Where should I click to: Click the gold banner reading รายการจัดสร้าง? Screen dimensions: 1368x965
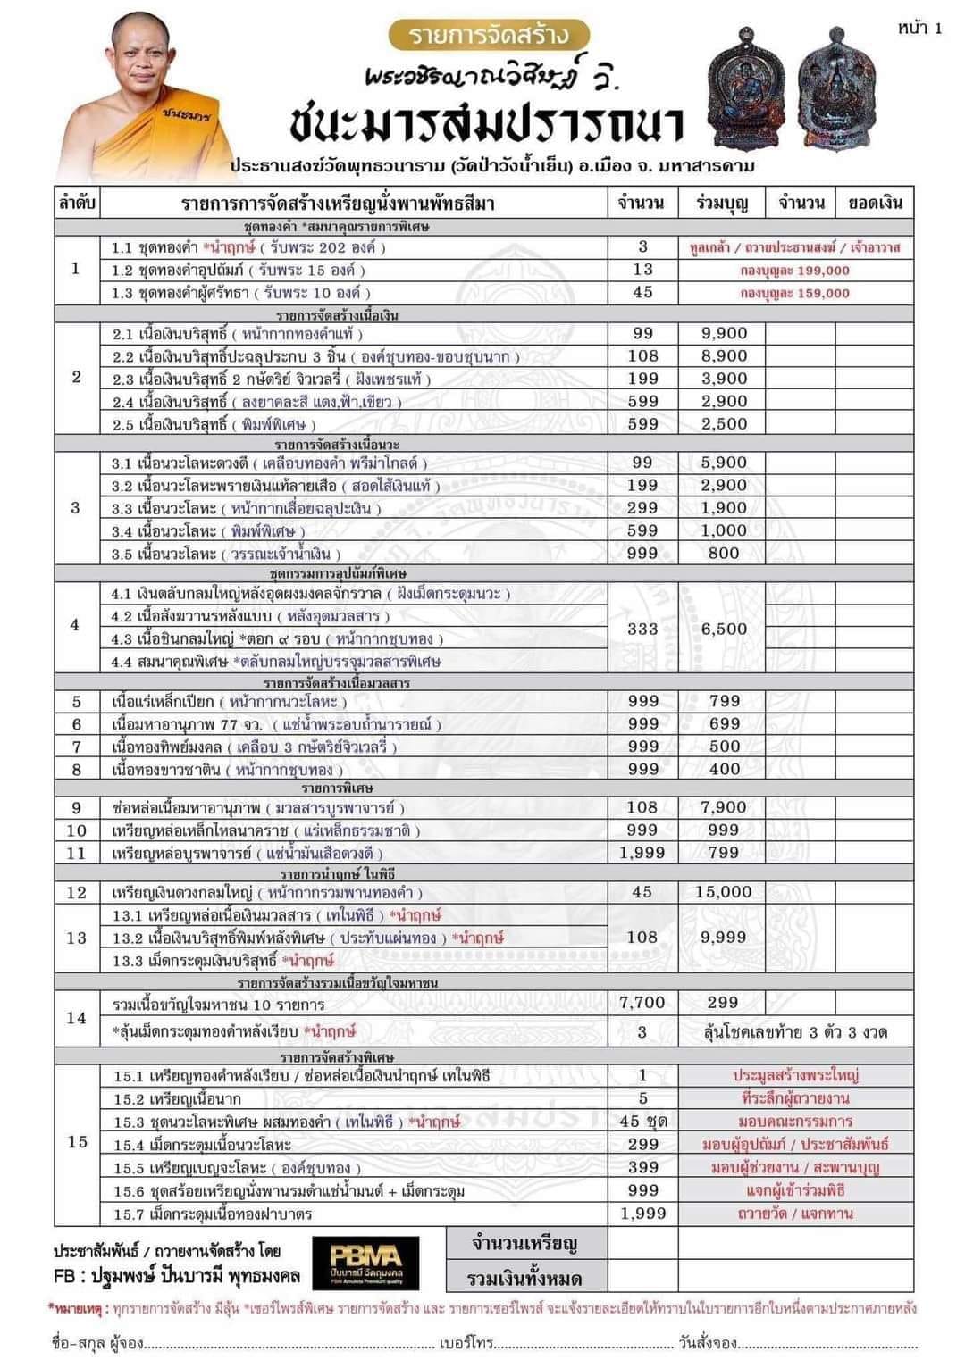coord(490,35)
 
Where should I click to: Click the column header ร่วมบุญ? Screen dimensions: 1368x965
coord(722,203)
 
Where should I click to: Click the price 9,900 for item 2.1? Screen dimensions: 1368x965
coord(724,333)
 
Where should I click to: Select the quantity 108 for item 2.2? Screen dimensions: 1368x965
coord(642,355)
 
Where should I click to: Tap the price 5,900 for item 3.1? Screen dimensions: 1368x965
coord(724,463)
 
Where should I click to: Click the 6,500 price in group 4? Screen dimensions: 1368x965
coord(724,629)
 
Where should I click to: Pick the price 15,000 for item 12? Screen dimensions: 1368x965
coord(724,891)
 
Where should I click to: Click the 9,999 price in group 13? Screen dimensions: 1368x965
coord(724,937)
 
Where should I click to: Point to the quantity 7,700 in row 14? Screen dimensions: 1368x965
coord(642,1003)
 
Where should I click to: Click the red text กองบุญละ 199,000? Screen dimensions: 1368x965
coord(795,270)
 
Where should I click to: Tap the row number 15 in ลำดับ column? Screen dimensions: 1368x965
coord(77,1142)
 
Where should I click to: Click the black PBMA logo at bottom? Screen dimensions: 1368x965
coord(365,1261)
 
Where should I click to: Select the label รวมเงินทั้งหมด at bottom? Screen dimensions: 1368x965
coord(524,1278)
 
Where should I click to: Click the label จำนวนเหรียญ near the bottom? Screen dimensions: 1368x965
coord(524,1243)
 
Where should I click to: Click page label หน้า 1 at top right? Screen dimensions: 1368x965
coord(919,28)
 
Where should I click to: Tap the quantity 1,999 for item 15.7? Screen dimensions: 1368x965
coord(642,1213)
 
